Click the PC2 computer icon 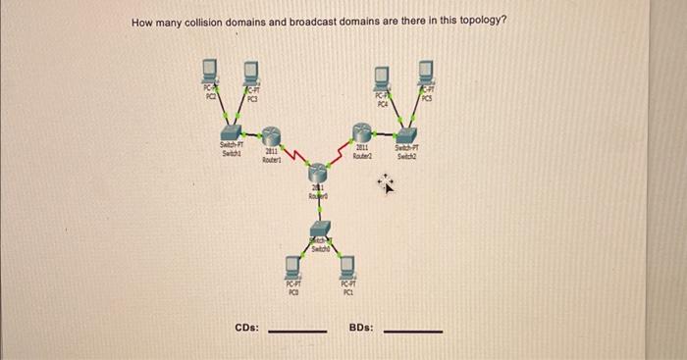tap(209, 72)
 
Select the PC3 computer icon tap(251, 72)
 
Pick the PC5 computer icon tap(427, 72)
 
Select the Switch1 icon tap(232, 131)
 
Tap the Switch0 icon tap(319, 238)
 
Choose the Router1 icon tap(272, 136)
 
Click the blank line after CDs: tap(297, 331)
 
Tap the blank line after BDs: tap(412, 331)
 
